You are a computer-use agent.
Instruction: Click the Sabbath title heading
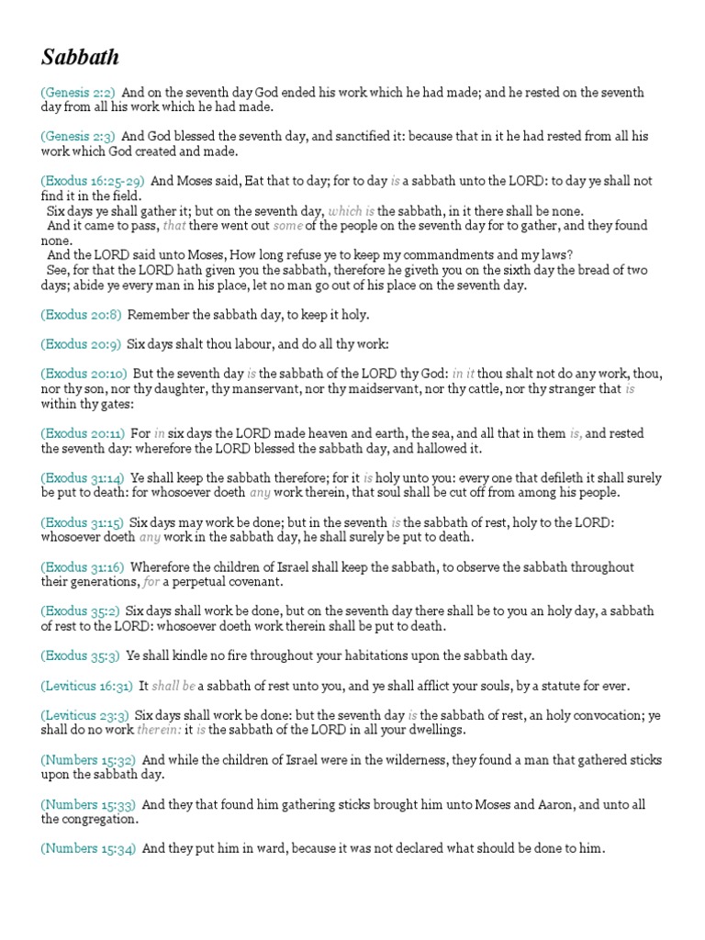pyautogui.click(x=80, y=58)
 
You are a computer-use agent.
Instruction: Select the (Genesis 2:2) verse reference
pyautogui.click(x=78, y=93)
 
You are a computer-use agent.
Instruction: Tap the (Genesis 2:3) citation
pyautogui.click(x=78, y=136)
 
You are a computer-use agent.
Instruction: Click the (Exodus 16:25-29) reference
pyautogui.click(x=92, y=181)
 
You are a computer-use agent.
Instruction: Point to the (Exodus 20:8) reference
pyautogui.click(x=81, y=315)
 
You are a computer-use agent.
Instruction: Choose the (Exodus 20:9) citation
pyautogui.click(x=81, y=344)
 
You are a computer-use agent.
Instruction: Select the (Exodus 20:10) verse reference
pyautogui.click(x=84, y=374)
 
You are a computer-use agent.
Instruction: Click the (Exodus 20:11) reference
pyautogui.click(x=83, y=433)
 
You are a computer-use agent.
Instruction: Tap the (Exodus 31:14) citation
pyautogui.click(x=83, y=478)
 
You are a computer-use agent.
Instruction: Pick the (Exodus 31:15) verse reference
pyautogui.click(x=83, y=522)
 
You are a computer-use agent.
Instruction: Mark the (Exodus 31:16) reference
pyautogui.click(x=83, y=567)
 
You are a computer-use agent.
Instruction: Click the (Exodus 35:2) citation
pyautogui.click(x=81, y=611)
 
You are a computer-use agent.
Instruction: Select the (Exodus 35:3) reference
pyautogui.click(x=81, y=655)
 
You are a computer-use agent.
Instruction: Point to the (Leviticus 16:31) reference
pyautogui.click(x=86, y=686)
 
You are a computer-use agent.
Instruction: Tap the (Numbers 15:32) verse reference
pyautogui.click(x=88, y=760)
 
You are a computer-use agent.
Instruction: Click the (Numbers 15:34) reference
pyautogui.click(x=88, y=849)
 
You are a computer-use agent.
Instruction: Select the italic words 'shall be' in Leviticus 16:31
pyautogui.click(x=173, y=686)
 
